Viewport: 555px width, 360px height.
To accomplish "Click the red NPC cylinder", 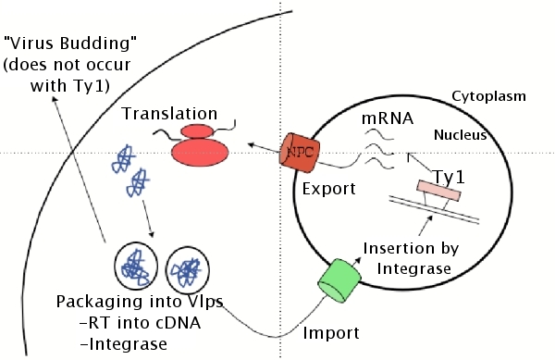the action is click(300, 153).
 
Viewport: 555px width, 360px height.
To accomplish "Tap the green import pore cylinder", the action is click(339, 280).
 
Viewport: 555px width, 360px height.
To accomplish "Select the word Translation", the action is click(169, 114).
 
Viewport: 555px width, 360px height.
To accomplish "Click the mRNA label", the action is click(388, 118).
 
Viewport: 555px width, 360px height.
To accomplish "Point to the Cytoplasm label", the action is click(488, 96).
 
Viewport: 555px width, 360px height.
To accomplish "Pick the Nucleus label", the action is click(460, 135).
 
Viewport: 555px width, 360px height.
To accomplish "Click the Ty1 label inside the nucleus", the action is click(449, 177).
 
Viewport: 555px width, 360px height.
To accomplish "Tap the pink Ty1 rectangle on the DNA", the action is click(438, 191).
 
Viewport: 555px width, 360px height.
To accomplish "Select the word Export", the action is click(328, 189).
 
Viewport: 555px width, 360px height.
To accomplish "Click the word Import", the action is click(331, 333).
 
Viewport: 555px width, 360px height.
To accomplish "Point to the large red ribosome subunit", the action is click(200, 153).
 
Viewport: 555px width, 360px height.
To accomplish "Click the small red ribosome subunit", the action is click(198, 131).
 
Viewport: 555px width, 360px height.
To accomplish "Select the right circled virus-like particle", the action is click(187, 269).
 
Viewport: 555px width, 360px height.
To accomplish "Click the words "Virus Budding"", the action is click(70, 43).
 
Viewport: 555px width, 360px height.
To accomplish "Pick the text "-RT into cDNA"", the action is click(141, 323).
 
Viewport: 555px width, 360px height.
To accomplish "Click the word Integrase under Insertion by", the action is click(413, 269).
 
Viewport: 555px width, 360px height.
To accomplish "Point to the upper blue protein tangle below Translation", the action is click(123, 158).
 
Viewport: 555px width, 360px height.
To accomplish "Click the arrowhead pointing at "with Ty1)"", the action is click(55, 99).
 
